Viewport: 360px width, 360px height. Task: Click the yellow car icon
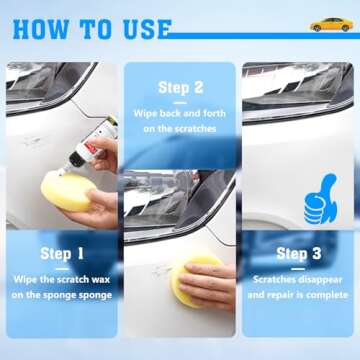(x=330, y=23)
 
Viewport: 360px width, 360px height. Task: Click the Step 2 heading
(x=180, y=87)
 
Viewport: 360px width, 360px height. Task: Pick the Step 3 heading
(x=298, y=254)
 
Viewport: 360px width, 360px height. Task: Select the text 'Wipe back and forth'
(x=180, y=114)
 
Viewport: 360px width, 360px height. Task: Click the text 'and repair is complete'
(x=298, y=296)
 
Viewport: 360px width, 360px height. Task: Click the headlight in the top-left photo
(x=45, y=85)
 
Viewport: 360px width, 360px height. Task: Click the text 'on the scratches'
(x=180, y=130)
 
